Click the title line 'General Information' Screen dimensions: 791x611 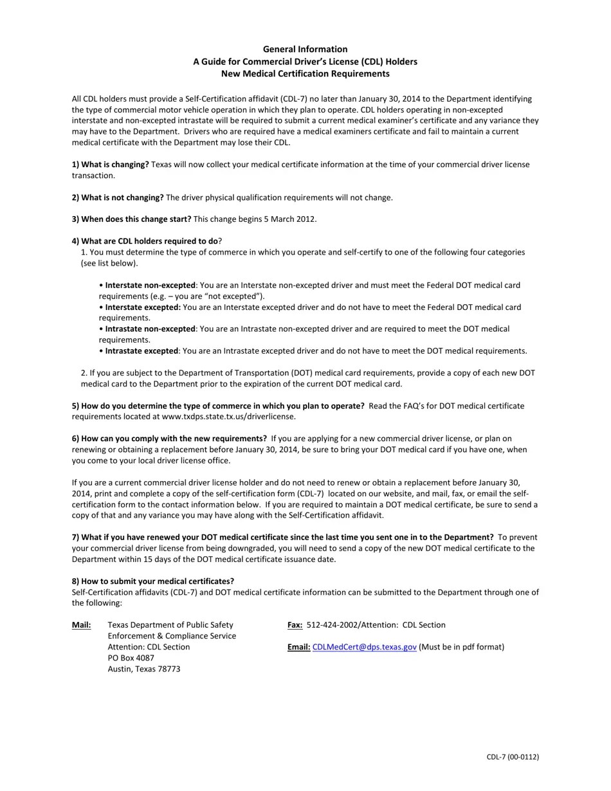tap(305, 50)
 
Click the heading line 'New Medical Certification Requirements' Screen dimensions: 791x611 tap(305, 74)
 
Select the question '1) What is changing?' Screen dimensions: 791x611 tap(110, 165)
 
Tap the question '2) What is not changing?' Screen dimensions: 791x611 tap(118, 197)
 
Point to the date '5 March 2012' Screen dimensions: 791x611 tap(289, 219)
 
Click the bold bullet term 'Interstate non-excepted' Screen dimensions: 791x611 tap(150, 285)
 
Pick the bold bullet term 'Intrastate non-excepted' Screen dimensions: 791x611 tap(150, 329)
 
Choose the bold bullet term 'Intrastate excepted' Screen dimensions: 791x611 tap(141, 351)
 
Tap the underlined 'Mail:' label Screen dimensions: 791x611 tap(81, 625)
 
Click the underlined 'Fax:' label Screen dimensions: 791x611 tap(295, 625)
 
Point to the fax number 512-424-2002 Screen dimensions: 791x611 tap(333, 625)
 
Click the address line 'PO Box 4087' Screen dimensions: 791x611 tap(131, 659)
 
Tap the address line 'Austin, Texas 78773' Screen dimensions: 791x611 tap(143, 669)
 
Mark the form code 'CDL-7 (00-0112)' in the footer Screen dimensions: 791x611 tap(512, 757)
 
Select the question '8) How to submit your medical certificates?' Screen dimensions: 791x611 tap(153, 581)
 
